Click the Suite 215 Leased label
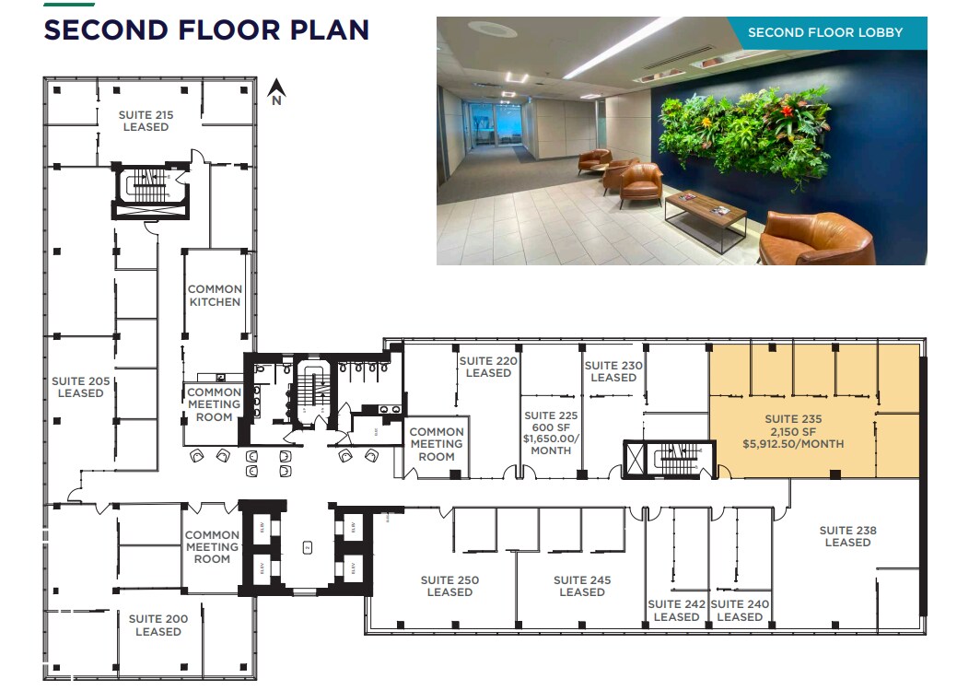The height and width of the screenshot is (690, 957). tap(146, 121)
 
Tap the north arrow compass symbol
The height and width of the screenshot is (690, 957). tap(275, 92)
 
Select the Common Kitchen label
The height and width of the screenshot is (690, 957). tap(215, 296)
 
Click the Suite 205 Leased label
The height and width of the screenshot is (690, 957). tap(81, 387)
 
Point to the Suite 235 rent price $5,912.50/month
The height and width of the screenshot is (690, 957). tap(793, 444)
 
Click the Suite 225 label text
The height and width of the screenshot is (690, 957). tap(551, 415)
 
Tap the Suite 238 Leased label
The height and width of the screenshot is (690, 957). tap(847, 536)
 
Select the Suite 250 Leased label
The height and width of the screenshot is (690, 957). tap(449, 586)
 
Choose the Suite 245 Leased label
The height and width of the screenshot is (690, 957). tap(582, 586)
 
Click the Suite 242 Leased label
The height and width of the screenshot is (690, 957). tap(676, 611)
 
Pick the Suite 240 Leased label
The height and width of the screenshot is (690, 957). tap(740, 611)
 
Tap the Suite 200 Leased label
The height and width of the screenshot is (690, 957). tap(158, 626)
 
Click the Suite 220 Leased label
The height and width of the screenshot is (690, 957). tap(488, 367)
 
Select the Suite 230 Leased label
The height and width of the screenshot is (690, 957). tap(613, 371)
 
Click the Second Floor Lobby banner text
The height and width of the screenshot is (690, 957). tap(824, 32)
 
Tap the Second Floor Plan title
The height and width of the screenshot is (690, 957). tap(206, 29)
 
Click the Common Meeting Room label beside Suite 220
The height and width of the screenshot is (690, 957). tap(437, 444)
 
